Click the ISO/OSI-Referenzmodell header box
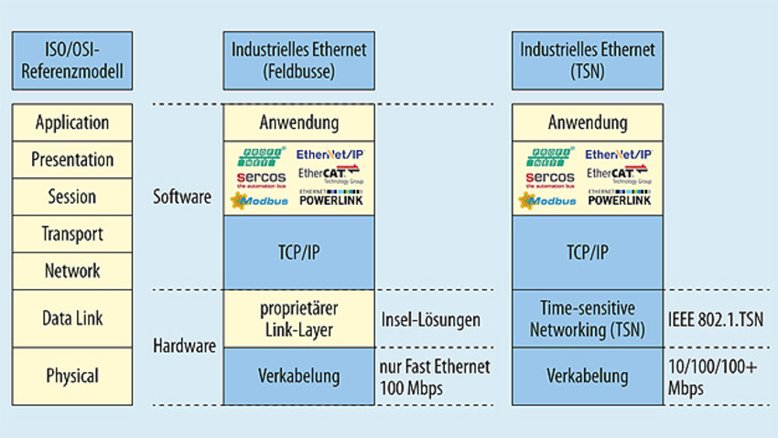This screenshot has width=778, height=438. pos(72,61)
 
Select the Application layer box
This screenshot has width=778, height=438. pos(72,123)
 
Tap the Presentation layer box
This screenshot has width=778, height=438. pos(72,159)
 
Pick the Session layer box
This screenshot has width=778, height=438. pos(72,197)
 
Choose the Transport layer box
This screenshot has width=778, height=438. pos(72,234)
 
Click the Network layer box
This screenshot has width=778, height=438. pos(72,271)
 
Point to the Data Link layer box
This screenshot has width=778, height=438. pos(72,318)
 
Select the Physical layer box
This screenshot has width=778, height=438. pos(72,375)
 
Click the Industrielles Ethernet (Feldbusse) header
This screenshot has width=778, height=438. pos(299,61)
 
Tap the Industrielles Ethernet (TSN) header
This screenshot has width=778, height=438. pos(588,61)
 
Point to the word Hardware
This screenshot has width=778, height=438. pos(184,346)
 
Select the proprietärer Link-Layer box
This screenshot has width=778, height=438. pos(299,318)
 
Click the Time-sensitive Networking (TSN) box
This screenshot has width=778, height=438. pos(588,318)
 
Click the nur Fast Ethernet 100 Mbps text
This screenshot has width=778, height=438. pos(434,375)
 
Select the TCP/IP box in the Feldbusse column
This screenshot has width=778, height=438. pos(299,252)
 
